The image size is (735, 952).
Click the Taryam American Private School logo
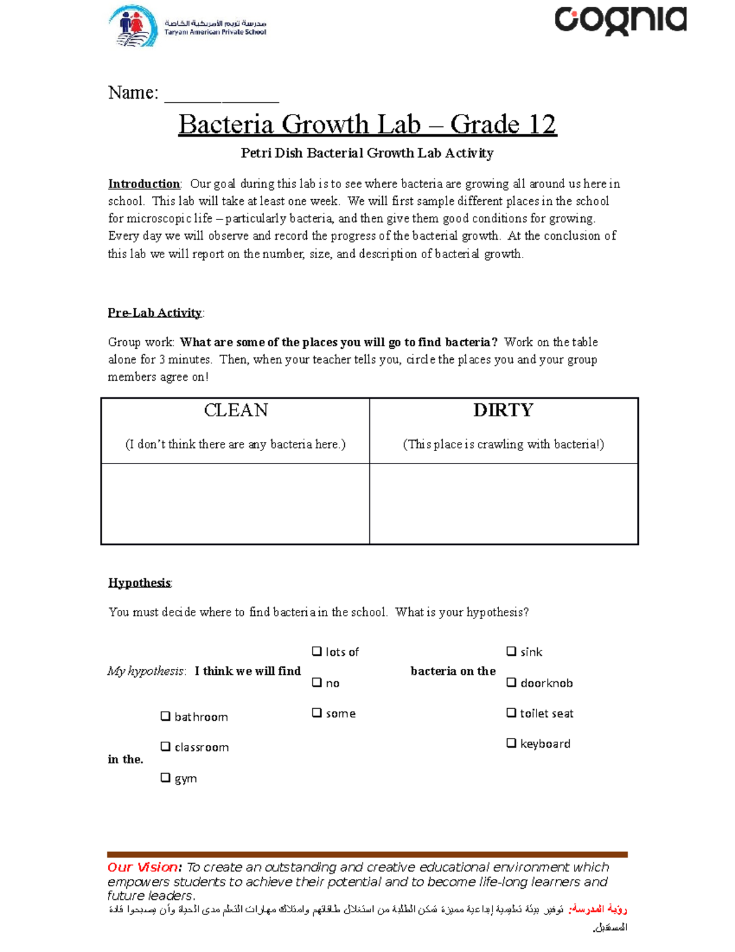(x=187, y=26)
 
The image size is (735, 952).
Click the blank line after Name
(x=221, y=96)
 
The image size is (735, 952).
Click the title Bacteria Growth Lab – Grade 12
(x=367, y=124)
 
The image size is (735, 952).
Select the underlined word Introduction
(x=144, y=184)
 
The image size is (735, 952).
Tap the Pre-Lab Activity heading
(x=154, y=313)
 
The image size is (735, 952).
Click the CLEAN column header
(x=236, y=410)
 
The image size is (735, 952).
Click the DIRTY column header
(x=503, y=410)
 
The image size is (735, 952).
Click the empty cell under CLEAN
(x=235, y=503)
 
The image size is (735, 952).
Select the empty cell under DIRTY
(x=503, y=503)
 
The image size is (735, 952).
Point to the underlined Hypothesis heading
(x=139, y=582)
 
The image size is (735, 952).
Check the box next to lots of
(x=317, y=651)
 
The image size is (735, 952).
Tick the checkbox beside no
(x=317, y=682)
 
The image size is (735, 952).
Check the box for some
(x=317, y=713)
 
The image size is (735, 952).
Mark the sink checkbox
(x=511, y=651)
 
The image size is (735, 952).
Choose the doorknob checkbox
(x=511, y=682)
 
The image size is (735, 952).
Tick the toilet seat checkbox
(x=511, y=712)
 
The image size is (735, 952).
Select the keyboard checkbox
(x=511, y=743)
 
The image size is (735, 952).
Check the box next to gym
(x=165, y=777)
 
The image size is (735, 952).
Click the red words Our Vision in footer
(x=144, y=867)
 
